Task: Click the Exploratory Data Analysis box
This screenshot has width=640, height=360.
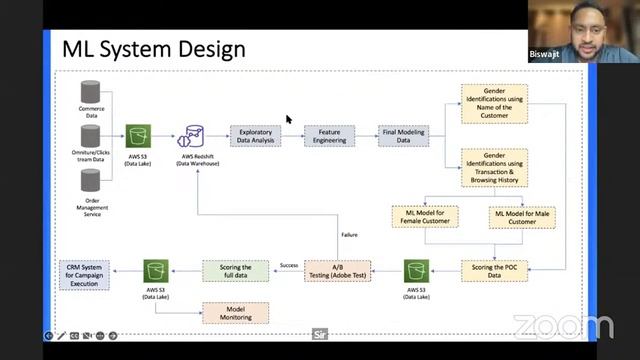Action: pos(257,135)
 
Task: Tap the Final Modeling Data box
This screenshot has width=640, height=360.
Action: pos(404,135)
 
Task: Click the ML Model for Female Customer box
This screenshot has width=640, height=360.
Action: pos(424,215)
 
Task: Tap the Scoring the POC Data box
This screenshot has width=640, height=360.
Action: pos(494,270)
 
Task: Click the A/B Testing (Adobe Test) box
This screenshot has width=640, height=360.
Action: pos(338,270)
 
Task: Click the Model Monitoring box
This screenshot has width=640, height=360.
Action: pos(235,312)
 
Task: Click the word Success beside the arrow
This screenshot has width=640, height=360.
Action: pos(289,265)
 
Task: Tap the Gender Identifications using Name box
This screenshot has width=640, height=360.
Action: pos(494,103)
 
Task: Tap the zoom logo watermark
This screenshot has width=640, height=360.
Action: pos(563,327)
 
